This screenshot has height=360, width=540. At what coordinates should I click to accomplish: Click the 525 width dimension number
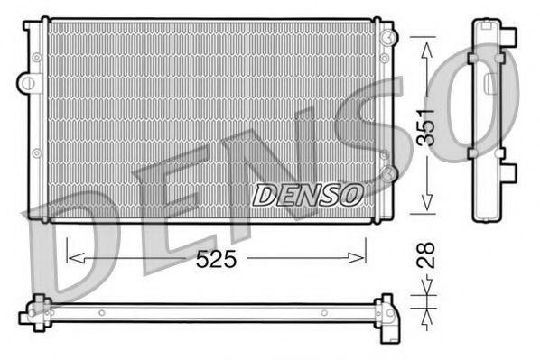point(217,260)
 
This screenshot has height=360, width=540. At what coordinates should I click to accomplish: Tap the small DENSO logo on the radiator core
point(308,193)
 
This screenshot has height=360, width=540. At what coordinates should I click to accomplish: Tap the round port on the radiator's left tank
point(29,83)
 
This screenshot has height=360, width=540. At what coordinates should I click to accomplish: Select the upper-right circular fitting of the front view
point(387,37)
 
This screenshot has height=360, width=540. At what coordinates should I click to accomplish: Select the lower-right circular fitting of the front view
point(388,171)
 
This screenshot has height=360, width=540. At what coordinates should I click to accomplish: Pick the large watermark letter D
point(77,244)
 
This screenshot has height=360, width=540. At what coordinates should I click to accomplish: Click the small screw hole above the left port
point(36,57)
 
